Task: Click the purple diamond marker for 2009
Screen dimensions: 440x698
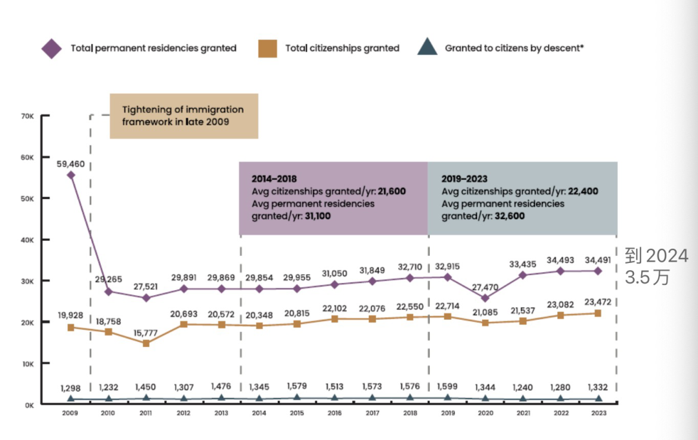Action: [70, 175]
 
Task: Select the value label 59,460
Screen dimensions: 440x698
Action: [71, 163]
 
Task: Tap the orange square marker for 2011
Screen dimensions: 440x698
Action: [146, 343]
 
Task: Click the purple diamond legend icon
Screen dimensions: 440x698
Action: [52, 48]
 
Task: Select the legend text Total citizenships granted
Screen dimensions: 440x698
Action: [342, 48]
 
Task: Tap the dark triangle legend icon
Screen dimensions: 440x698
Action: [427, 48]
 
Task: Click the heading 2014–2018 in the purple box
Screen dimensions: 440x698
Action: [274, 178]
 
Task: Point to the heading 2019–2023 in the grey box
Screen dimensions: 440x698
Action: [464, 178]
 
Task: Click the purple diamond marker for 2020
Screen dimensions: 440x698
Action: [485, 298]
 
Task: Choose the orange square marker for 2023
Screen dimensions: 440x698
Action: [598, 313]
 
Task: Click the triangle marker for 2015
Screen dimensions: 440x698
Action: [297, 398]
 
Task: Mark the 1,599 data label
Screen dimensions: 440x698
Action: [447, 387]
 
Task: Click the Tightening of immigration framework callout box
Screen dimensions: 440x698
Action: [184, 116]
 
